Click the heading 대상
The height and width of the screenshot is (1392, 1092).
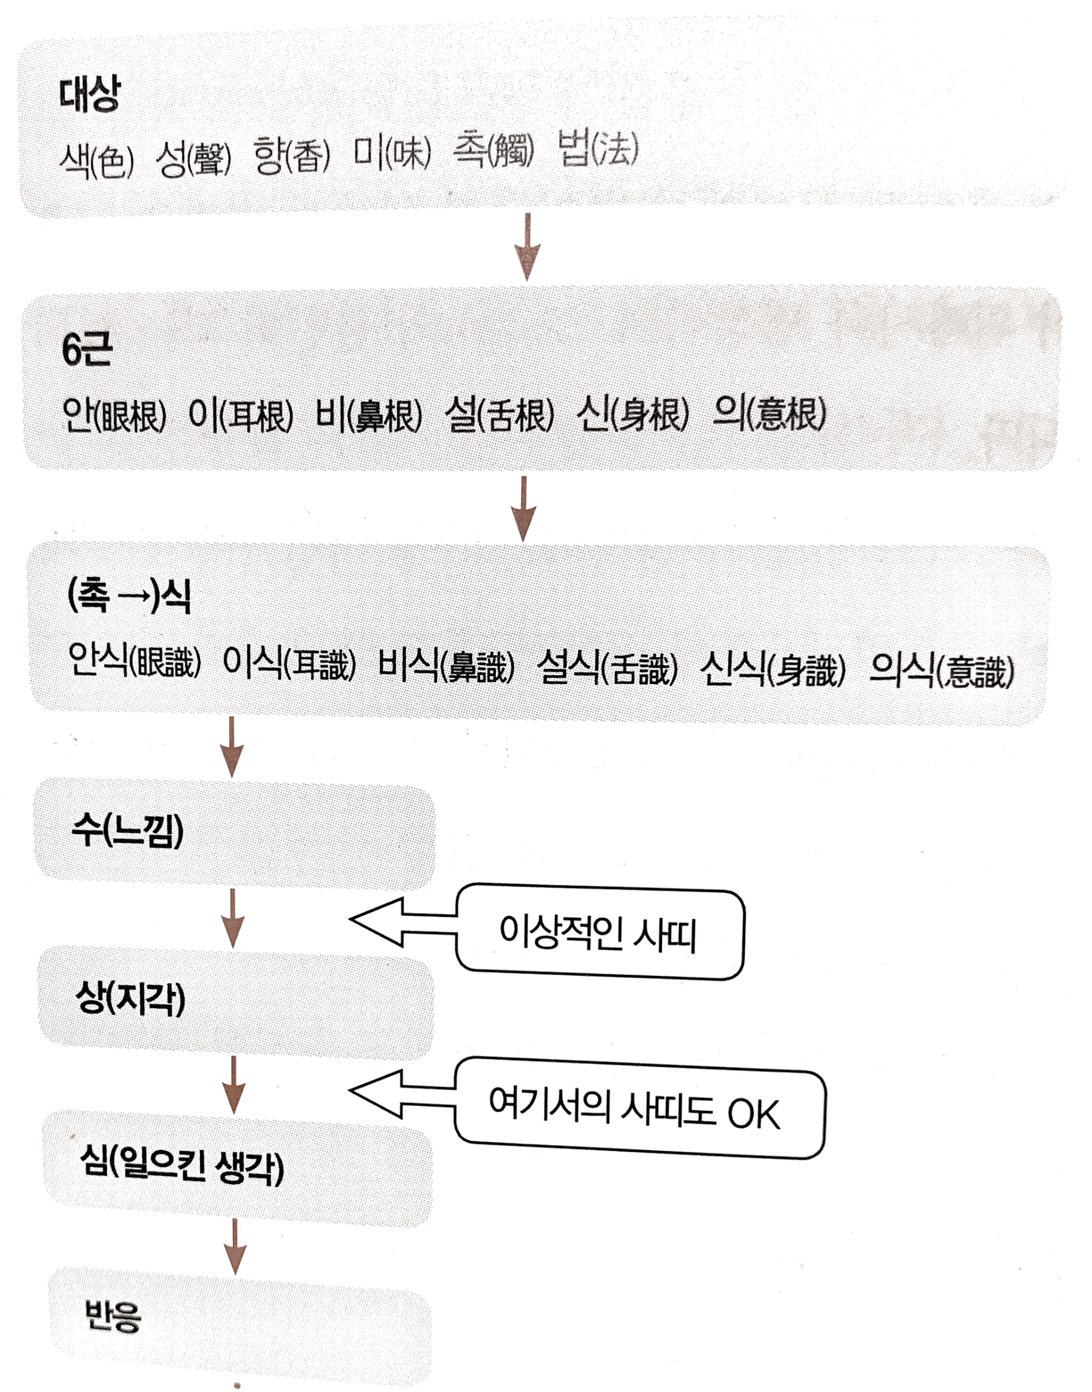tap(89, 95)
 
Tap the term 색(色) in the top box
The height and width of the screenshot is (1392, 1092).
tap(97, 158)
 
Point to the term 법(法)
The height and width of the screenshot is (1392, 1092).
tap(598, 150)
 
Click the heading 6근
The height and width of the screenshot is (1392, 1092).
tap(87, 350)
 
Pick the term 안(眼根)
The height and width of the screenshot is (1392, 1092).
tap(114, 416)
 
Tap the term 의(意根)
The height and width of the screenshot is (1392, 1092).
tap(769, 414)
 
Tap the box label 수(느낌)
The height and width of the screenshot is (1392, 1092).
tap(128, 831)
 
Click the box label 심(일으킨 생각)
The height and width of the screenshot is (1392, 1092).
tap(182, 1166)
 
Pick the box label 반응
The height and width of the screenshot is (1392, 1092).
tap(112, 1315)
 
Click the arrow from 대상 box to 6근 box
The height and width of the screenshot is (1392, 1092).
tap(527, 247)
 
